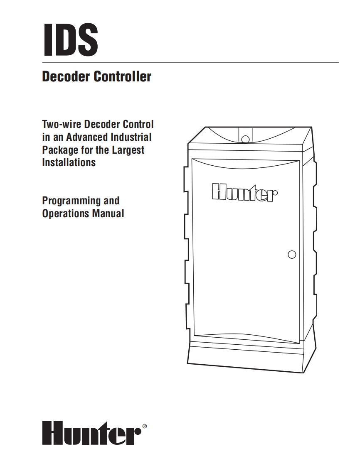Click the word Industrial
131,137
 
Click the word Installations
69,162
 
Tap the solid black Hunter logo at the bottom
91,434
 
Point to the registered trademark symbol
145,426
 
